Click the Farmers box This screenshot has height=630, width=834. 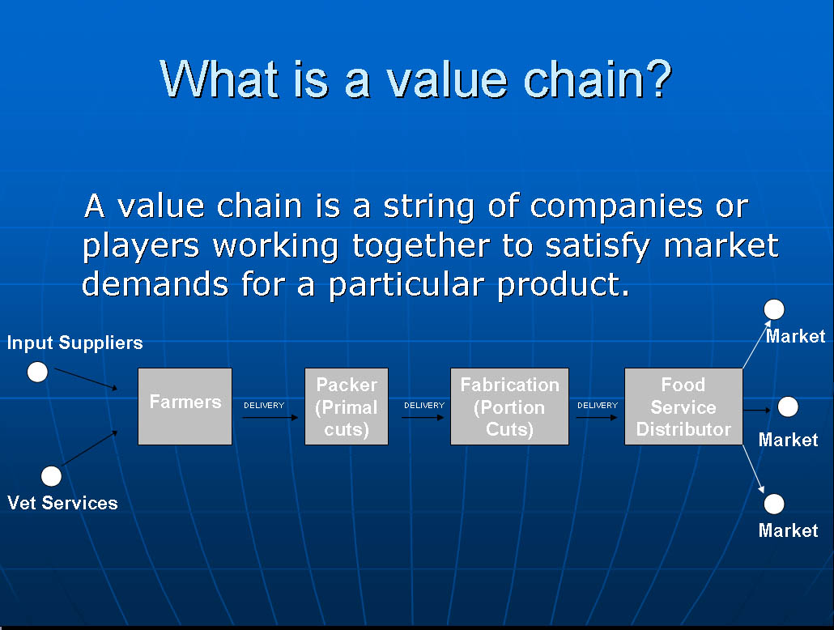pos(185,406)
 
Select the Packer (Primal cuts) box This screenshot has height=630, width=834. pos(347,406)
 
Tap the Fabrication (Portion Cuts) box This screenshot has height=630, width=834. pos(509,406)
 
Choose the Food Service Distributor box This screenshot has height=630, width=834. pos(683,406)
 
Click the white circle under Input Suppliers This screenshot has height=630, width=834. pos(37,372)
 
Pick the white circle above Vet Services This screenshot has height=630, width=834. pos(51,476)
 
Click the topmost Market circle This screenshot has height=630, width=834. pos(774,309)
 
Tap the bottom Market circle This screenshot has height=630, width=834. pos(774,504)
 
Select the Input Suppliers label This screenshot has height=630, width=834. pos(75,343)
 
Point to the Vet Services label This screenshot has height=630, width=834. pos(63,503)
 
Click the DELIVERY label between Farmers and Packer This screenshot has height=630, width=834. pos(264,406)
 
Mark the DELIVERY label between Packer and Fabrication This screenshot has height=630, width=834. pos(424,406)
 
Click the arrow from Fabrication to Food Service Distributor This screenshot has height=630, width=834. pos(597,418)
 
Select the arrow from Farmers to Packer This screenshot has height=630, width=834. pos(270,418)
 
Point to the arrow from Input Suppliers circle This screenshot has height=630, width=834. pos(86,379)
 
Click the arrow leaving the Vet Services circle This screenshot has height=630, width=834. pos(89,448)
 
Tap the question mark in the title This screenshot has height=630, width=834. pos(660,79)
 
